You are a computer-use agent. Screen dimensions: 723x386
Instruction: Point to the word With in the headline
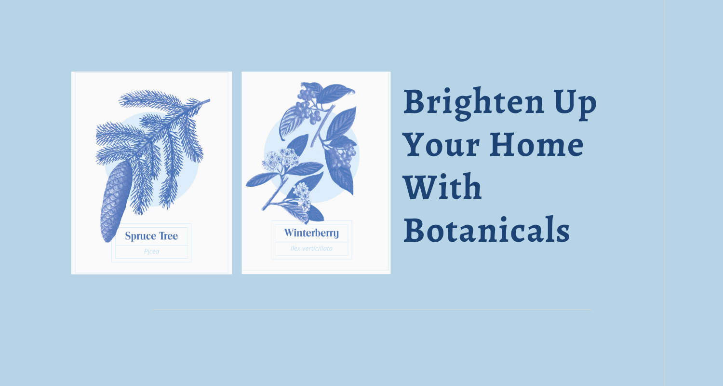(442, 187)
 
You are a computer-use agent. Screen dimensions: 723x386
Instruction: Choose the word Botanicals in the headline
(486, 230)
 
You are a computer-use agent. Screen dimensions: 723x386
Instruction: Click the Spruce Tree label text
(151, 236)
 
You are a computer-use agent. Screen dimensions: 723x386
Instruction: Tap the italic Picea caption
(151, 251)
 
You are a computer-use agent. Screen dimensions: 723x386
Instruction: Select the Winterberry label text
(311, 233)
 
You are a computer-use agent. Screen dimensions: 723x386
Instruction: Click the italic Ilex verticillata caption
(311, 248)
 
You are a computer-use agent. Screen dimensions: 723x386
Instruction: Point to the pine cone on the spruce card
(116, 201)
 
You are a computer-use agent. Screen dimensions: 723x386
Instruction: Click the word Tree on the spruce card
(169, 236)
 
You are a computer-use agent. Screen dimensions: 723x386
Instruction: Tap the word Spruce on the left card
(140, 236)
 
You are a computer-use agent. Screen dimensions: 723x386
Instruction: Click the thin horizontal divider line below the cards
(371, 309)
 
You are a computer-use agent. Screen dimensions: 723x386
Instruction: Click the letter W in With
(420, 187)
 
